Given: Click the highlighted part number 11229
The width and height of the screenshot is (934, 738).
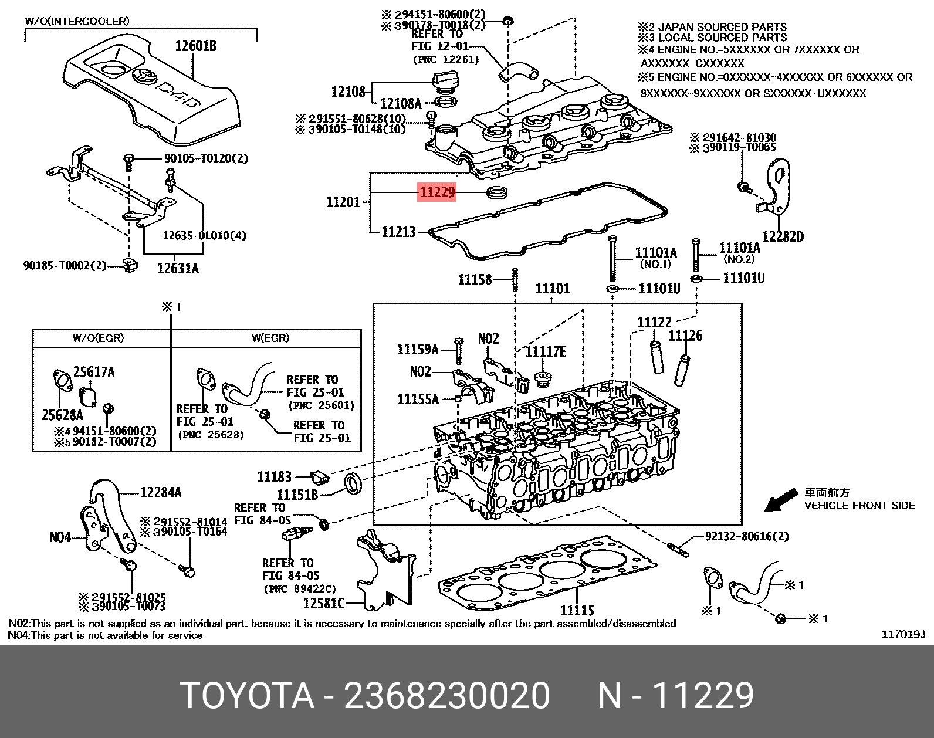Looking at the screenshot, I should (437, 192).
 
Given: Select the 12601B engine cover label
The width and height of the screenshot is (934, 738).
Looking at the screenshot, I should (195, 46).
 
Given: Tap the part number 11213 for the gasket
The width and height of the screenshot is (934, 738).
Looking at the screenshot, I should (398, 232).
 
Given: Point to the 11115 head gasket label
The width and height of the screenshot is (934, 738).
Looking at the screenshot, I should (577, 610).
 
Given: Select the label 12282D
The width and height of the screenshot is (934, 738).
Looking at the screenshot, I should (783, 236).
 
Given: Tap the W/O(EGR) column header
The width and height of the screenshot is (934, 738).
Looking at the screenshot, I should (98, 338).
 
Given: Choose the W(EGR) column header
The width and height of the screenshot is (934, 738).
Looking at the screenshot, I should (270, 338).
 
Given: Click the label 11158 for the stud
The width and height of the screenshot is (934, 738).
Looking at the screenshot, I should (475, 279).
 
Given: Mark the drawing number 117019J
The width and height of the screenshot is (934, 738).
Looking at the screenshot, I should (903, 635).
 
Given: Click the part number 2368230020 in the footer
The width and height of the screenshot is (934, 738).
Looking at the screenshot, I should (447, 696).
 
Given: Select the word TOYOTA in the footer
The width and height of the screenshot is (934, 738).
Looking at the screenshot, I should (246, 696).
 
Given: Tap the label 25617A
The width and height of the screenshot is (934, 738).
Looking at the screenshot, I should (94, 372).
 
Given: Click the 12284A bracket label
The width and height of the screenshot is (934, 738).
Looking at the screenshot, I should (161, 493).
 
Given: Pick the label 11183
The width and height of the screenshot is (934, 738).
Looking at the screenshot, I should (274, 476).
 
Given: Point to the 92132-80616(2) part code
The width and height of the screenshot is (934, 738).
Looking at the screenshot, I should (746, 536).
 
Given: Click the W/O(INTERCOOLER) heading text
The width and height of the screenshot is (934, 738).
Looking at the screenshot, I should (77, 21).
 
